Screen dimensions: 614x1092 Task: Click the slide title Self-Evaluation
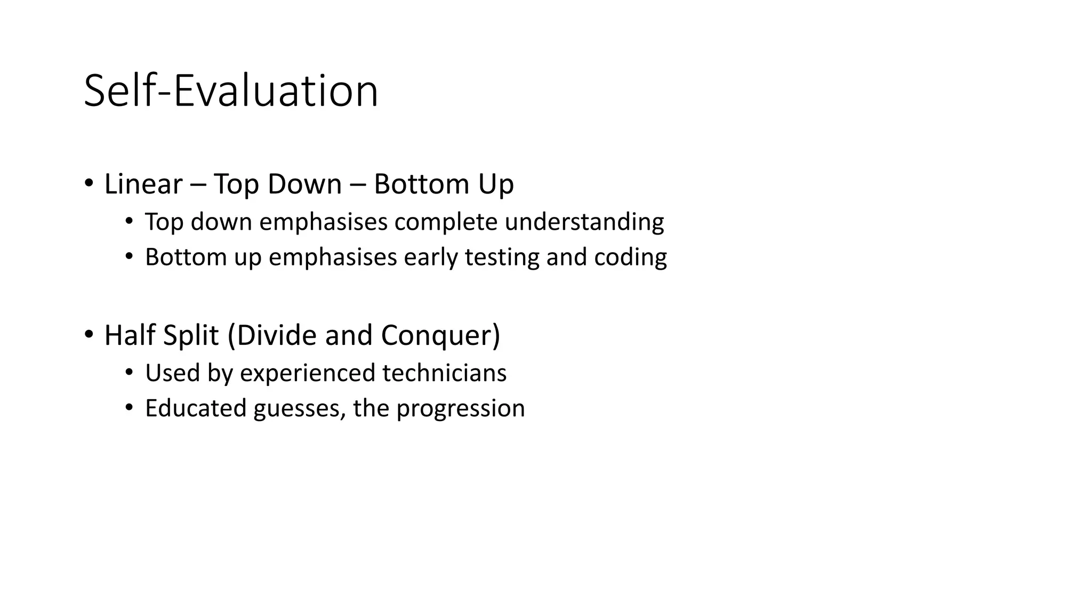[231, 91]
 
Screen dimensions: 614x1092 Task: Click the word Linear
[143, 184]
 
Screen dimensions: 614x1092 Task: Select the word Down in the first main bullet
[304, 184]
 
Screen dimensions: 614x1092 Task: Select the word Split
[190, 336]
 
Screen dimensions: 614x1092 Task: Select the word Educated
[195, 409]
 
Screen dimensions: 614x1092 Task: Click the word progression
[460, 409]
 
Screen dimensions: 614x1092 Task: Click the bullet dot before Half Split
[89, 335]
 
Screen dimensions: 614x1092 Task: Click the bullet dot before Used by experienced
[129, 373]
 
